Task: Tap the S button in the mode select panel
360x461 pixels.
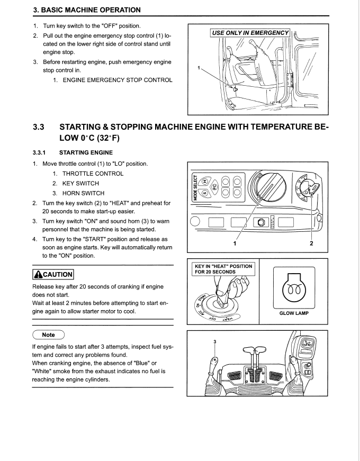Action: pos(203,191)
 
